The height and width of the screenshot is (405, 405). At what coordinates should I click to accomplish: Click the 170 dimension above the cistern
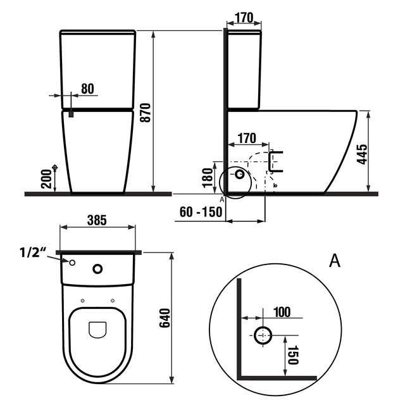pos(244,16)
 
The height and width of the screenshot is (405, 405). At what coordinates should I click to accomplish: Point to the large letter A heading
pos(335,260)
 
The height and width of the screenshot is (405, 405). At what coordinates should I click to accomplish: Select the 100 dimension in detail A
pos(282,313)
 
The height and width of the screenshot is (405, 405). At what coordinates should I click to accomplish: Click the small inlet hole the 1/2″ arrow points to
pos(72,263)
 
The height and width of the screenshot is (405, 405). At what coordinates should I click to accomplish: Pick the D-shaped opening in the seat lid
pos(97,330)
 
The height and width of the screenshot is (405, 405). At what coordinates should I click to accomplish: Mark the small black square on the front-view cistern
pos(72,114)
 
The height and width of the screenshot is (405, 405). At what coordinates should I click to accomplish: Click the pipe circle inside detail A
pos(263,335)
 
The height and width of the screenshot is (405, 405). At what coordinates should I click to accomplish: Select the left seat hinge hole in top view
pos(83,300)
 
